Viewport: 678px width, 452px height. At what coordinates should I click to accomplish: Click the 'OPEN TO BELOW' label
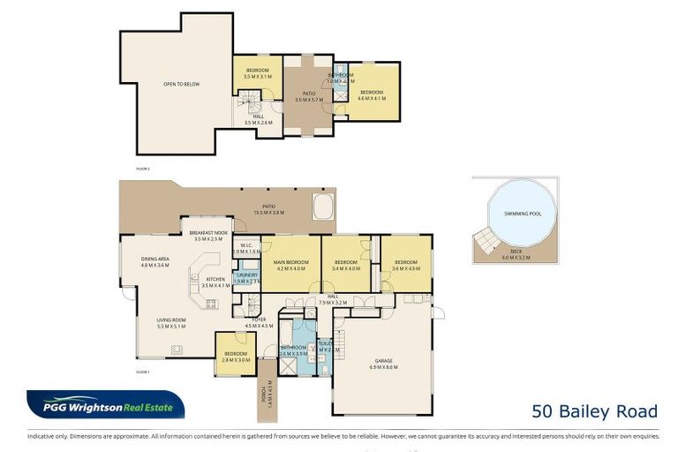pyautogui.click(x=181, y=85)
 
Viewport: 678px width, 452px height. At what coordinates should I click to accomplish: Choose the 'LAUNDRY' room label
pyautogui.click(x=246, y=275)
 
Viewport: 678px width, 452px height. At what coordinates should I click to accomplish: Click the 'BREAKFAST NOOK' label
pyautogui.click(x=210, y=234)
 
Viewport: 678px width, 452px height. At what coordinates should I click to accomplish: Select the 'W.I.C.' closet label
pyautogui.click(x=247, y=246)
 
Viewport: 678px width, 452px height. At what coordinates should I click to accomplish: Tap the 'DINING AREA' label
pyautogui.click(x=154, y=260)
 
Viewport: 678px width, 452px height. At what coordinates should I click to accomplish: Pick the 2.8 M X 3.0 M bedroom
pyautogui.click(x=236, y=355)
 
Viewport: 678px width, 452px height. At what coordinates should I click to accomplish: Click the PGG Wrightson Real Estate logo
pyautogui.click(x=106, y=405)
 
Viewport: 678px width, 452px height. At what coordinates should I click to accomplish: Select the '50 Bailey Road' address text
pyautogui.click(x=595, y=411)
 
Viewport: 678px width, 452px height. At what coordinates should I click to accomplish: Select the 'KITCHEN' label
pyautogui.click(x=215, y=281)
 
